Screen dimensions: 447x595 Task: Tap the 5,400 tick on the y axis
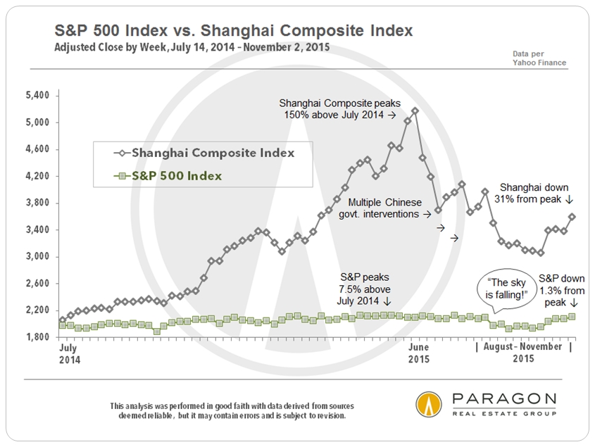37,96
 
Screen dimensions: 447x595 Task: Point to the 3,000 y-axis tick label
37,256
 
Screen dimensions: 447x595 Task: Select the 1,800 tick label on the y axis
37,337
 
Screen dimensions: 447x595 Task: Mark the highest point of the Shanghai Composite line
415,111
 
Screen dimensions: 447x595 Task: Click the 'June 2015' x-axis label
419,353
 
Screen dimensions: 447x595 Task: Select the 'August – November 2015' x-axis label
524,353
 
